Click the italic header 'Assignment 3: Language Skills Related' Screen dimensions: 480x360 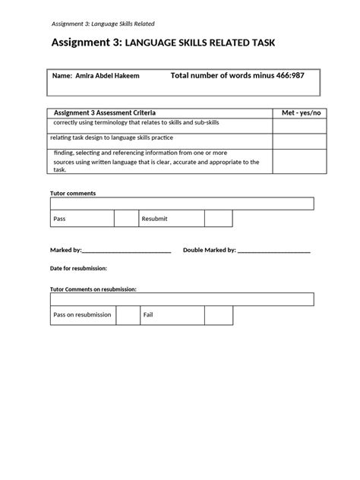pyautogui.click(x=103, y=24)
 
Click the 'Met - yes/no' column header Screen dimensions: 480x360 pyautogui.click(x=302, y=112)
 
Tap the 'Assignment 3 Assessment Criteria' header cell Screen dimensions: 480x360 pyautogui.click(x=105, y=112)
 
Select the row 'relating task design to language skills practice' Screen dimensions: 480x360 pyautogui.click(x=122, y=137)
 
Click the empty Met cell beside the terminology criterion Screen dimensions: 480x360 pyautogui.click(x=302, y=125)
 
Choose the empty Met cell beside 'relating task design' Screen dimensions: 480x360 pyautogui.click(x=302, y=140)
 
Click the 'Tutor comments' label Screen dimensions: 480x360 pyautogui.click(x=73, y=193)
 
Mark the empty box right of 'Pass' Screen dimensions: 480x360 pyautogui.click(x=125, y=219)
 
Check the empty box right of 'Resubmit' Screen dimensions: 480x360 pyautogui.click(x=218, y=219)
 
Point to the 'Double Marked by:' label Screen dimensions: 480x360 pyautogui.click(x=210, y=249)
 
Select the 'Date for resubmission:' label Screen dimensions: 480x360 pyautogui.click(x=78, y=268)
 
